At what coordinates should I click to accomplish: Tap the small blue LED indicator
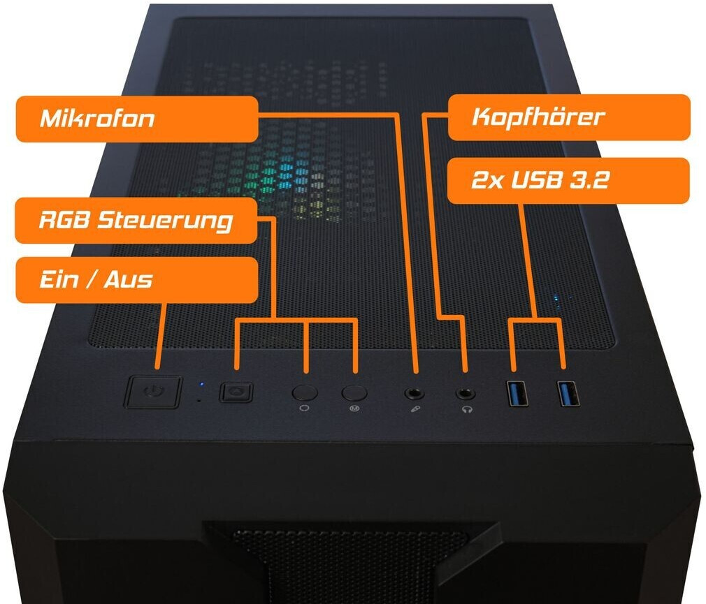pos(201,385)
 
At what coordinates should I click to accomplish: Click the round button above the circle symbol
pos(305,392)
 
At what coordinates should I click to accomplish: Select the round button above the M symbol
pos(354,392)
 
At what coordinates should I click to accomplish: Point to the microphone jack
pos(415,394)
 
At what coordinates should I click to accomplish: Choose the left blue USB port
pos(518,393)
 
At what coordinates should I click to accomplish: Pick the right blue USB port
pos(569,393)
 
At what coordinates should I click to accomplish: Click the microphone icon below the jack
pos(416,410)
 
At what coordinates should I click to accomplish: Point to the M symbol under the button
pos(354,408)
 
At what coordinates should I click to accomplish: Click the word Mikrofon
pos(97,118)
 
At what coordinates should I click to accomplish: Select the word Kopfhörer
pos(538,117)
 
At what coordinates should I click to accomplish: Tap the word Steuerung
pos(165,221)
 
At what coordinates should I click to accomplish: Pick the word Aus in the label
pos(129,279)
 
